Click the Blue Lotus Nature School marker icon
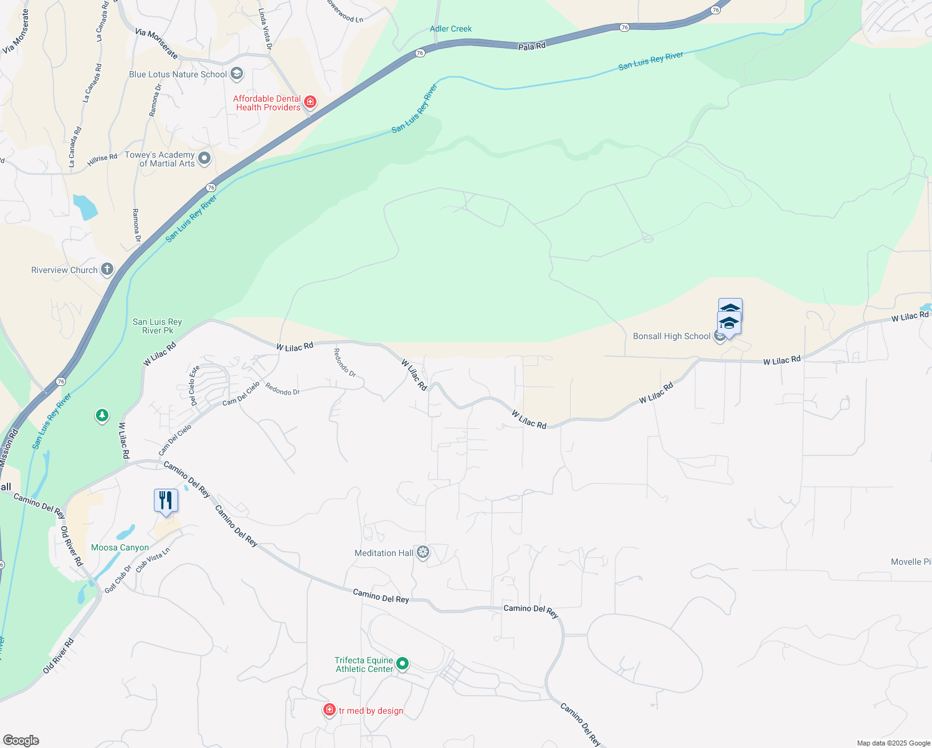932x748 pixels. (x=237, y=74)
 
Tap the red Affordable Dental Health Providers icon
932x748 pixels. (x=310, y=102)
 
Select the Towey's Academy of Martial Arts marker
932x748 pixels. (x=204, y=158)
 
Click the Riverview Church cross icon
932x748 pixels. (x=107, y=269)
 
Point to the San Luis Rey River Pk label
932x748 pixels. (x=157, y=326)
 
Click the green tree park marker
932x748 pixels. (x=102, y=415)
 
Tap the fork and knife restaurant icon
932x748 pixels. (x=166, y=501)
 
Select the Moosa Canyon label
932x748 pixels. (x=120, y=547)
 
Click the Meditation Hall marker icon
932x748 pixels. (x=423, y=552)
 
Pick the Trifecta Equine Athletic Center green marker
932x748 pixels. (x=402, y=664)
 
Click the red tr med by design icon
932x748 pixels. (x=330, y=710)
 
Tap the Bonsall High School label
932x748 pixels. (x=672, y=336)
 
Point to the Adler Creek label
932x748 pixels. (x=450, y=29)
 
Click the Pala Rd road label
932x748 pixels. (x=531, y=46)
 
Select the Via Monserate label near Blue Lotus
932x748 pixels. (x=156, y=43)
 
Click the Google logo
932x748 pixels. (x=21, y=741)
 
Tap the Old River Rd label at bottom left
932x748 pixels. (x=59, y=655)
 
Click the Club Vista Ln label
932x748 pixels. (x=153, y=560)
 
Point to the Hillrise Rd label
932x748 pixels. (x=102, y=160)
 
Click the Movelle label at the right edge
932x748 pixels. (x=910, y=562)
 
